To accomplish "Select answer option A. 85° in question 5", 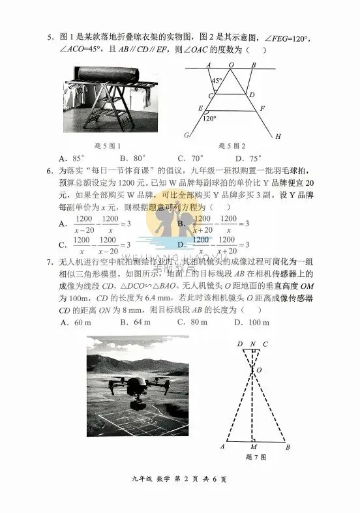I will click(72, 158).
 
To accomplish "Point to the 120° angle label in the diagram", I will click(209, 119).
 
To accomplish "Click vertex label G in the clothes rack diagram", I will click(187, 135).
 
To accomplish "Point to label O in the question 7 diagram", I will click(260, 370).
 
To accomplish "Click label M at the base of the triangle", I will click(253, 447).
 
